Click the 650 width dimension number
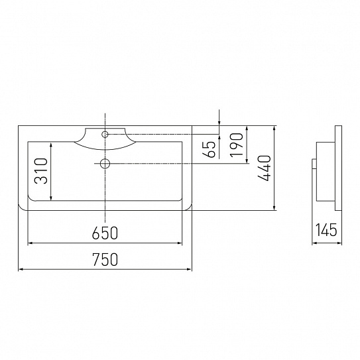(105, 233)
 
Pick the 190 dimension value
(237, 145)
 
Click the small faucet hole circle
(105, 134)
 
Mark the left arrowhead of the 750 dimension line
(20, 270)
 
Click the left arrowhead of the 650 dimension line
(29, 243)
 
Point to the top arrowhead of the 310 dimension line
(52, 143)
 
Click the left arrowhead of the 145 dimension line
(314, 243)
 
